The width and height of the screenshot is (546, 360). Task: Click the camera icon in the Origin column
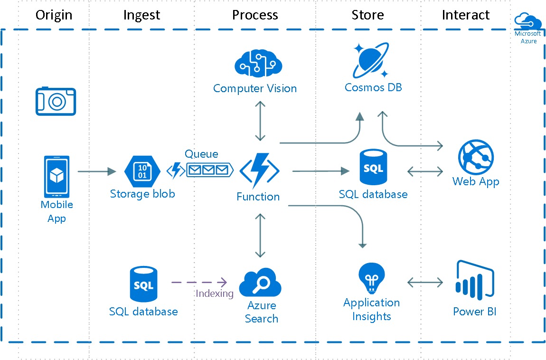(56, 101)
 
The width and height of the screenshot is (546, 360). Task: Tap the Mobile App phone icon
(56, 176)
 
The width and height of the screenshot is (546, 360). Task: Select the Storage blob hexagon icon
(142, 171)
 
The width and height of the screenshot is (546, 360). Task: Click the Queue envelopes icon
(209, 170)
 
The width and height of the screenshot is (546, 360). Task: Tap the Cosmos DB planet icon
(372, 60)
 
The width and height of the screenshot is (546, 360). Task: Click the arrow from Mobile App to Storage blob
(97, 171)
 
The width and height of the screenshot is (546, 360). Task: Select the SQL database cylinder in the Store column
(373, 168)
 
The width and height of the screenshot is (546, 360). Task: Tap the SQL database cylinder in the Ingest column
(143, 284)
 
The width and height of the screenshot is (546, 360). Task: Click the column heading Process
(254, 15)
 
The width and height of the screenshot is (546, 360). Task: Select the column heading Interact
(465, 15)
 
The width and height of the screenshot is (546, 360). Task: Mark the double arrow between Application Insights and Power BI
(425, 283)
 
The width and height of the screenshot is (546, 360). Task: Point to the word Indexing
(215, 294)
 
